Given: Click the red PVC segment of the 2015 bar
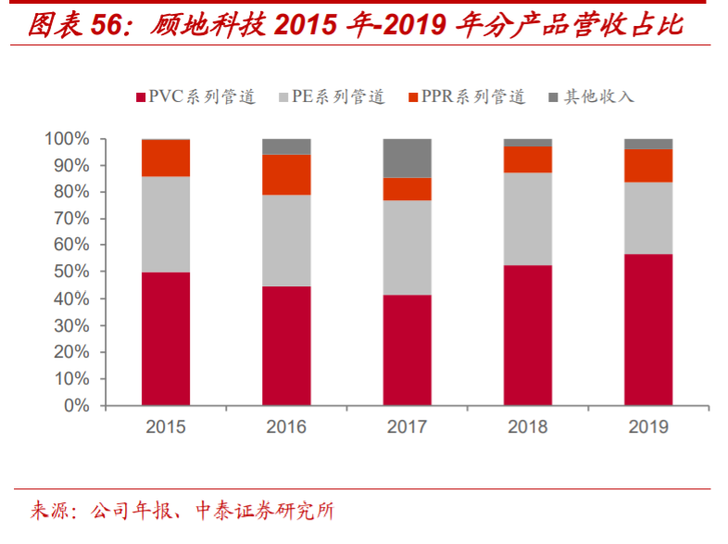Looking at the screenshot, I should [x=166, y=338].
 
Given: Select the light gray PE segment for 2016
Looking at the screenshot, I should [x=286, y=240].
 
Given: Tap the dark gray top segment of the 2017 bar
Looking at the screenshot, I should [x=407, y=158].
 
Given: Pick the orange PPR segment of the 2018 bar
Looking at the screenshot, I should [x=527, y=159].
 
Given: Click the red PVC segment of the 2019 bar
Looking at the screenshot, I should [x=647, y=329].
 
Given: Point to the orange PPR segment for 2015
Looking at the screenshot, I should [x=166, y=158].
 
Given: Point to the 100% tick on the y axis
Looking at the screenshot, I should [x=67, y=139].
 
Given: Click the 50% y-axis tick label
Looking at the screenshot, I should [x=70, y=272].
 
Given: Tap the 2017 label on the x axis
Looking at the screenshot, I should [x=407, y=427].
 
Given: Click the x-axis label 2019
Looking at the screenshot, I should [x=647, y=427].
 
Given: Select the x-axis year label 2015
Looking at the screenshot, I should [x=166, y=427].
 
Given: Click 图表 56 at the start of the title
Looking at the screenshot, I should [x=69, y=25].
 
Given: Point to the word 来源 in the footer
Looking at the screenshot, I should [x=48, y=512].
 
